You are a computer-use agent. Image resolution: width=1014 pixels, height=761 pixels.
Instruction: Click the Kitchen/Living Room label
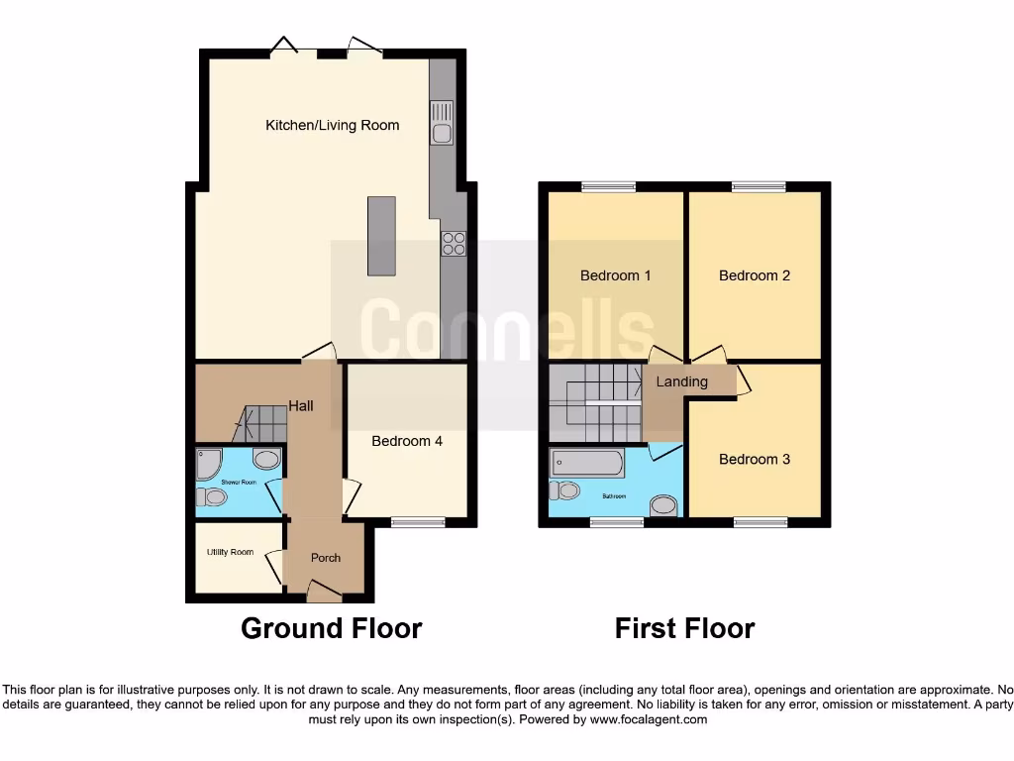point(332,125)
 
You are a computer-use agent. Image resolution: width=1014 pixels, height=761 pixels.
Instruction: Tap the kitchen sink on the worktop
point(441,123)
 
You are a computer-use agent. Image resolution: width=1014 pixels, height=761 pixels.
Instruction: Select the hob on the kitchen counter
point(454,243)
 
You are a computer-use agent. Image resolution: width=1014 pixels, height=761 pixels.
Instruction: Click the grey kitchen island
point(380,236)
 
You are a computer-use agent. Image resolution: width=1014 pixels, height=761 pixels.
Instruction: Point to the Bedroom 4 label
point(407,441)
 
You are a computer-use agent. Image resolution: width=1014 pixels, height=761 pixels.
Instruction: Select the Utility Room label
point(230,552)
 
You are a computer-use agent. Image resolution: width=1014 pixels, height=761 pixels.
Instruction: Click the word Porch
point(326,558)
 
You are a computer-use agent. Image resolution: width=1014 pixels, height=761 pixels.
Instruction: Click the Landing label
point(682,381)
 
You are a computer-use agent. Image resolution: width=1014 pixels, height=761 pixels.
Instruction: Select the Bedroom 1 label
point(615,275)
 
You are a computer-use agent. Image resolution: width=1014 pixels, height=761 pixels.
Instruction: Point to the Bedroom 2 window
point(759,186)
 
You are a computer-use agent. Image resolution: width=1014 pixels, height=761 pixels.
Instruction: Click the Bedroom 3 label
point(755,459)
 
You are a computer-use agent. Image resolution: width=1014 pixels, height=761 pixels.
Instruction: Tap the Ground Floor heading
point(332,628)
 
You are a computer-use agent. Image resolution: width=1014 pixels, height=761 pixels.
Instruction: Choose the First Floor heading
point(684,628)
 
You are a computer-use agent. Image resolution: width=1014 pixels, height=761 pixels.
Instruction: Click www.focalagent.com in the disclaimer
point(649,719)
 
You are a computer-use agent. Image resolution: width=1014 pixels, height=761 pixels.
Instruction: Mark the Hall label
point(301,405)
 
